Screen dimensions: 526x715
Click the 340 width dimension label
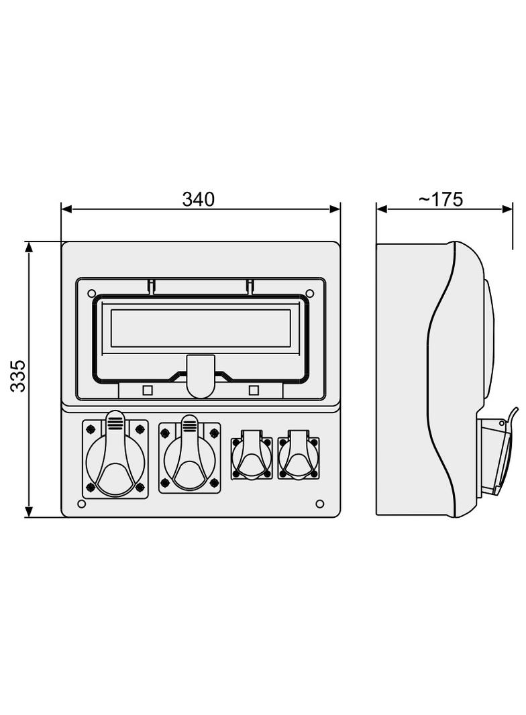(x=198, y=199)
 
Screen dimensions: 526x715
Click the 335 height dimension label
(x=18, y=377)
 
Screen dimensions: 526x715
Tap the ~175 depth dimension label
(x=441, y=199)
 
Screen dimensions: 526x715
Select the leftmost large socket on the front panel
(x=115, y=458)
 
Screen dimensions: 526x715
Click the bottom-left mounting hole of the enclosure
(x=82, y=504)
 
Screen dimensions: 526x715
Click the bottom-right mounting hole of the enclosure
(x=320, y=504)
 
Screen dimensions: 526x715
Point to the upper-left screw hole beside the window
(x=91, y=292)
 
